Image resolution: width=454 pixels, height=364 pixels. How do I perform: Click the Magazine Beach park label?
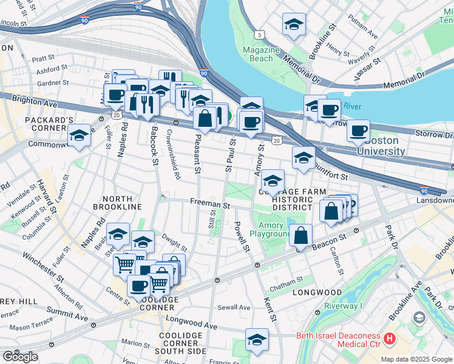point(262,54)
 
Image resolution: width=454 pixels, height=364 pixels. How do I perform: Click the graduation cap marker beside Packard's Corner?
point(79,136)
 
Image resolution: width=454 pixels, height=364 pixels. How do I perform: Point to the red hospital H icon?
point(390,337)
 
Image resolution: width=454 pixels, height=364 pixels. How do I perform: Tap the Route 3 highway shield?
point(259,35)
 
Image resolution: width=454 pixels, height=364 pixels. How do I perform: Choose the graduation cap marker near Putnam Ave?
point(294,25)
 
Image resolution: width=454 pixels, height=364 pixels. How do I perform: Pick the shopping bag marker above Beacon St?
point(301,235)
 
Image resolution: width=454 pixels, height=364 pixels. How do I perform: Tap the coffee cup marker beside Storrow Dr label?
point(359,130)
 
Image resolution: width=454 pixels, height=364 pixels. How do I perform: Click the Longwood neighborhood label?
point(317,292)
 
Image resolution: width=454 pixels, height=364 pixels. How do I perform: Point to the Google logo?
point(20,357)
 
